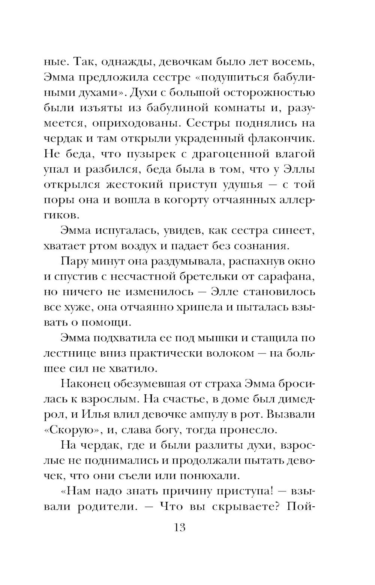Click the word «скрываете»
tap(244, 507)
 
